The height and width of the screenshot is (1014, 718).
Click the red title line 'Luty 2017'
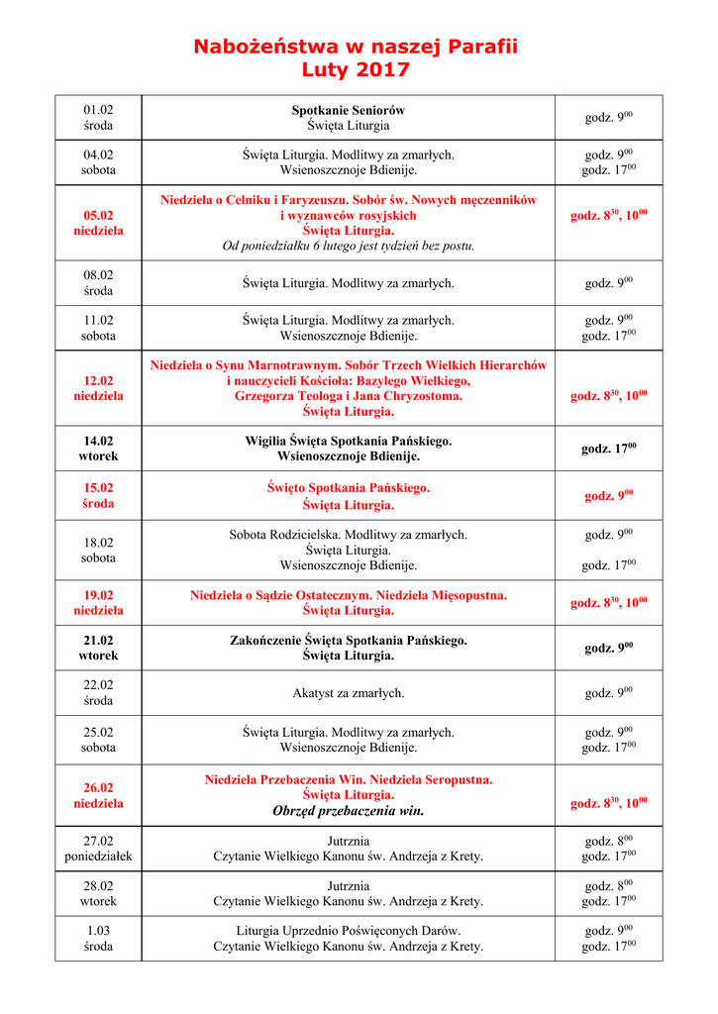coord(356,70)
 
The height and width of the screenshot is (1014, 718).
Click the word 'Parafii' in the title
coord(479,47)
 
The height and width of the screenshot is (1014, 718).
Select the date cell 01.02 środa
coord(98,118)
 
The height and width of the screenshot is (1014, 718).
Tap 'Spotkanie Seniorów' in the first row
coord(348,110)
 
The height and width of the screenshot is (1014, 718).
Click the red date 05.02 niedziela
coord(98,223)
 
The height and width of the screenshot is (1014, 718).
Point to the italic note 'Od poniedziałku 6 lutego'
coord(348,246)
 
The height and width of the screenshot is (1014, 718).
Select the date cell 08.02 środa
coord(98,283)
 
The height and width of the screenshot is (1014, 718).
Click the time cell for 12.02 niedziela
coord(608,395)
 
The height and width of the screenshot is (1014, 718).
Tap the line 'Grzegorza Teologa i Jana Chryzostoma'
coord(348,396)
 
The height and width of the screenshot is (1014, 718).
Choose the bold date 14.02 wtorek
coord(98,449)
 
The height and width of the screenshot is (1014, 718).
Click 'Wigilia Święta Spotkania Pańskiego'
coord(348,441)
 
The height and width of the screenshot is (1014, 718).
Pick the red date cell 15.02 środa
coord(98,495)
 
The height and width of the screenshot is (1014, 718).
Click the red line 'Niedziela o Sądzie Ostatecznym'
coord(348,595)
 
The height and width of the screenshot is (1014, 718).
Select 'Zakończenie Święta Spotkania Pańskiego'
coord(348,641)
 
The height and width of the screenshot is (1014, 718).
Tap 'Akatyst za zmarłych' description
coord(348,693)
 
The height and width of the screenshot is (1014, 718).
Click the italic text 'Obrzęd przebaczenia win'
coord(348,811)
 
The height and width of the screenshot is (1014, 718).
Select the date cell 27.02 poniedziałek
coord(98,848)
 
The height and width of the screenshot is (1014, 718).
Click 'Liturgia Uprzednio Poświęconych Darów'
coord(348,931)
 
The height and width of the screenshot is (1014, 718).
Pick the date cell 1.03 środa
coord(98,939)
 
